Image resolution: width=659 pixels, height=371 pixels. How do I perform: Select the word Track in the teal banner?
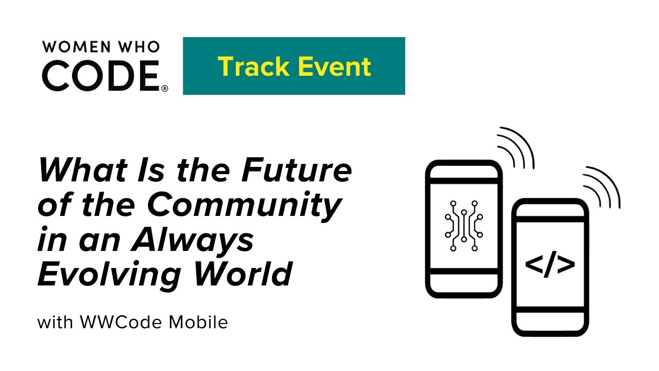tap(250, 66)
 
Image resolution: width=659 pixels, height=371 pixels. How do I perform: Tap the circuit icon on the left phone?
tap(463, 225)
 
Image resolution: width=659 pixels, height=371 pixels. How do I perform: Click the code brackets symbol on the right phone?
tap(550, 265)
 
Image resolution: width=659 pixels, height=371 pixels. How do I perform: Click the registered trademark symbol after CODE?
tap(165, 89)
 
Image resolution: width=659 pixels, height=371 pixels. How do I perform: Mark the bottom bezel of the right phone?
tap(550, 322)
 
